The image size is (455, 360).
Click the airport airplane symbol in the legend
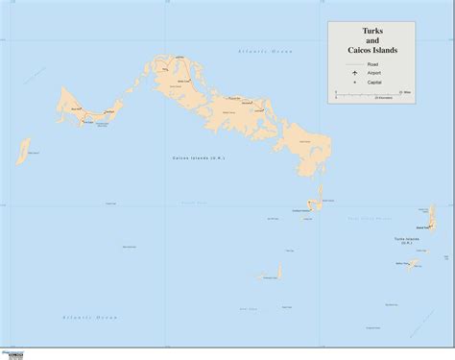click(x=355, y=72)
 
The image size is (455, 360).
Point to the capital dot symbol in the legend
click(x=355, y=81)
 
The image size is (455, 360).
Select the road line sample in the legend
click(x=355, y=64)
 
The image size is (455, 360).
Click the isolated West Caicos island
click(x=21, y=151)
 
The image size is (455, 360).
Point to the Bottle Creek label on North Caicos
click(x=182, y=84)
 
